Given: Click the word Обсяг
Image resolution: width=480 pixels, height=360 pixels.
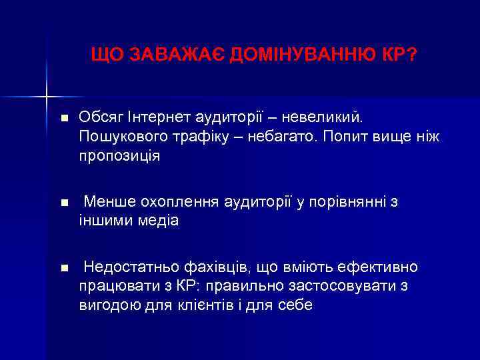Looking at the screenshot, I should [97, 118].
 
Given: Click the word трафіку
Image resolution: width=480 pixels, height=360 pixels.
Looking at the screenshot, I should [191, 137].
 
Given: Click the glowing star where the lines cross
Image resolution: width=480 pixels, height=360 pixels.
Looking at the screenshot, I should [47, 97].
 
